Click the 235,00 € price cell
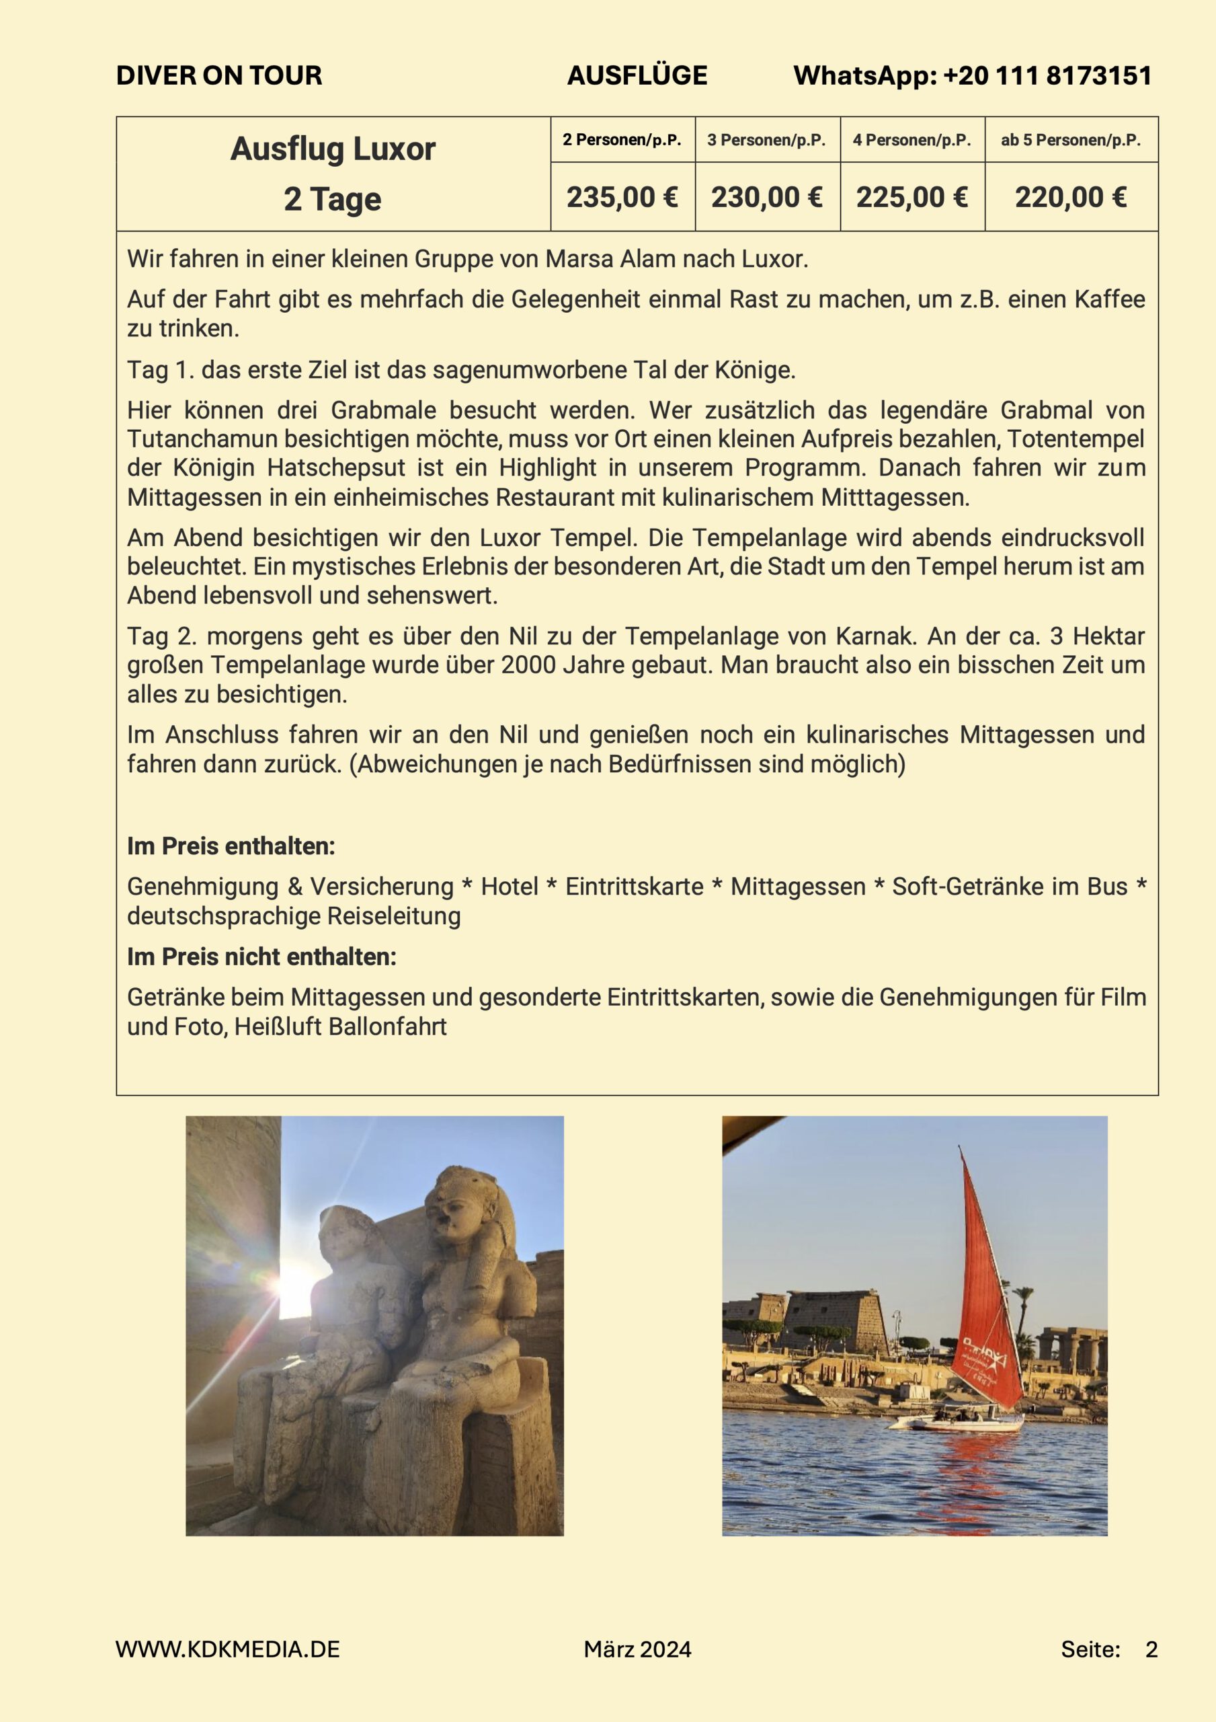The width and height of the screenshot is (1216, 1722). coord(622,197)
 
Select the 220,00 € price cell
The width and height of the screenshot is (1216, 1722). coord(1071,197)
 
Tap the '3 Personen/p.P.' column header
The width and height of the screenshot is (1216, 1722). coord(766,141)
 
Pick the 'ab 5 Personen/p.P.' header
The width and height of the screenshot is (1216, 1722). coord(1071,141)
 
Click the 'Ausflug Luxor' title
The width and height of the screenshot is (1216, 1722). coord(333,149)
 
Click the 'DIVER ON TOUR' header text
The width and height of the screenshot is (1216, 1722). coord(219,76)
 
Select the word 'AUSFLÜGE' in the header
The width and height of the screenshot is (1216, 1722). coord(637,76)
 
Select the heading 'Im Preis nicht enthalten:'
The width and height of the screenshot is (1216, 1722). coord(261,957)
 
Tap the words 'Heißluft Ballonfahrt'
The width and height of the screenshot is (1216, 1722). coord(340,1026)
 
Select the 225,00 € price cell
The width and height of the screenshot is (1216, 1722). coord(911,197)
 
